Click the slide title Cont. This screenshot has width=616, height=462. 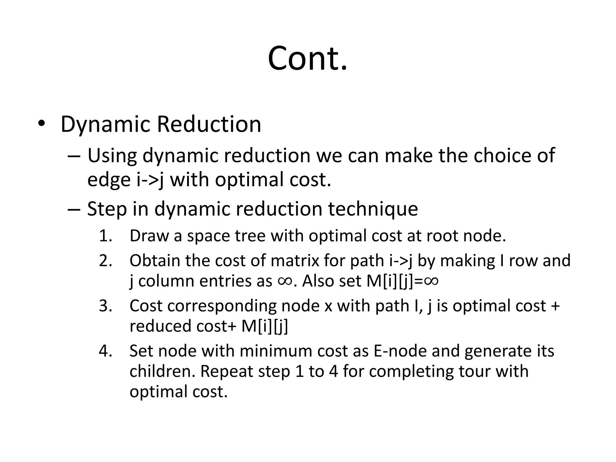(307, 58)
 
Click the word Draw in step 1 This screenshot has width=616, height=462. (149, 236)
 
